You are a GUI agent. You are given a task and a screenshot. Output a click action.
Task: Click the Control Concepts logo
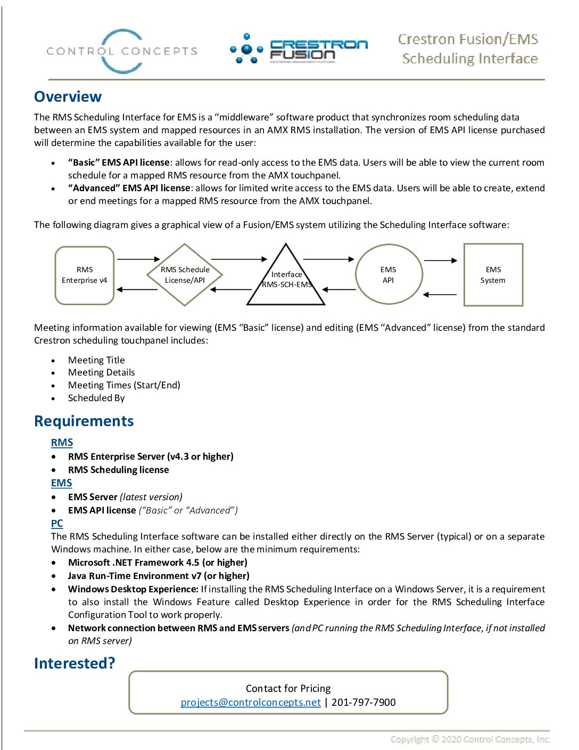(x=122, y=51)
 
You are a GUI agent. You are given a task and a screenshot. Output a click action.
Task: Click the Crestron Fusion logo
(x=299, y=50)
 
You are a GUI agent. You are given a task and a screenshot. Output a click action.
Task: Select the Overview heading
(x=68, y=96)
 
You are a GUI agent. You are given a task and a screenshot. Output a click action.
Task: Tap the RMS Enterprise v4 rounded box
(x=85, y=275)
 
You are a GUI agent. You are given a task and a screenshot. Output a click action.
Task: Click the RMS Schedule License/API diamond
(x=185, y=275)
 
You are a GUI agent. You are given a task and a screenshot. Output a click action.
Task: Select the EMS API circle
(x=389, y=275)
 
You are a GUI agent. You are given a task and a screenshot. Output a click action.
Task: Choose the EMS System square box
(x=493, y=275)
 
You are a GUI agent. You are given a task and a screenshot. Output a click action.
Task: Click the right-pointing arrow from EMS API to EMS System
(x=441, y=260)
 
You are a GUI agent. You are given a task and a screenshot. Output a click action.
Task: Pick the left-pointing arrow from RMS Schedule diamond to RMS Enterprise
(x=137, y=290)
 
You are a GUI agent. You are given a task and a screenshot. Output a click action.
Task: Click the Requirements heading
(x=84, y=421)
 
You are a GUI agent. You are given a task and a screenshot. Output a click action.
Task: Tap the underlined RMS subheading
(x=62, y=443)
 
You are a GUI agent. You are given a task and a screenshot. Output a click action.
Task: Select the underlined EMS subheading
(x=61, y=483)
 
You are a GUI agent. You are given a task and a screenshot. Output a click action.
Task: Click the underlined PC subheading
(x=57, y=524)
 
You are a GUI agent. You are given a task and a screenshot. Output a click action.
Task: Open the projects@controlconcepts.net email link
(x=251, y=703)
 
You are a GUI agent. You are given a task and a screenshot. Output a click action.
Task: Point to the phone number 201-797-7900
(x=363, y=703)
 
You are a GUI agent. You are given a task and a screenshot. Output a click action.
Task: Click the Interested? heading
(x=75, y=663)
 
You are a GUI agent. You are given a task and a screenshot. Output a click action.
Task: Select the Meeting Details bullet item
(x=101, y=372)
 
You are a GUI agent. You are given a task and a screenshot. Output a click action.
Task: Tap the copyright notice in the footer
(x=470, y=739)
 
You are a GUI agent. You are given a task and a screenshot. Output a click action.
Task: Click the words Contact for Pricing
(x=288, y=689)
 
